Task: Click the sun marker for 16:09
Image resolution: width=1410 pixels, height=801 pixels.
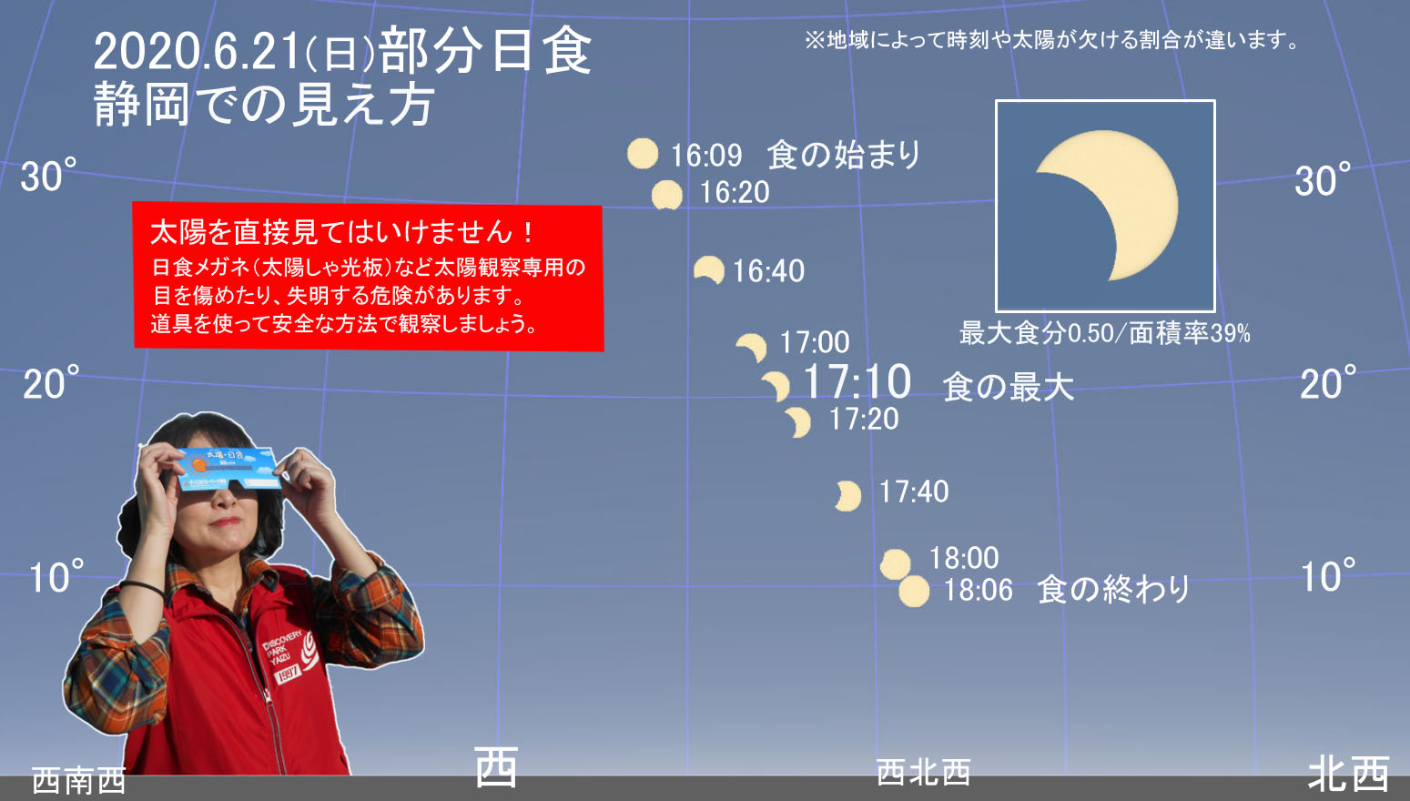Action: click(643, 154)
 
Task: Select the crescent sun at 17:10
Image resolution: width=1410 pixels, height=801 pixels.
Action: click(779, 384)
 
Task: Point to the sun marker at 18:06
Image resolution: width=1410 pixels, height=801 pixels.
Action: click(914, 592)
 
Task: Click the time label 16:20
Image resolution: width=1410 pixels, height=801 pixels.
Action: click(735, 193)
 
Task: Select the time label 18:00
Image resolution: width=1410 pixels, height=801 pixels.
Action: click(964, 558)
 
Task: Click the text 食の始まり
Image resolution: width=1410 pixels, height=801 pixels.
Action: click(844, 155)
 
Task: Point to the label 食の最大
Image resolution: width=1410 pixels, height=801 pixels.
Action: click(1008, 386)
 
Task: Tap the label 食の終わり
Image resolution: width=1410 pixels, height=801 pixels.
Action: click(1113, 590)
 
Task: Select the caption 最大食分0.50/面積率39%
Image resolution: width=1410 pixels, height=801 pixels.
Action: click(1105, 333)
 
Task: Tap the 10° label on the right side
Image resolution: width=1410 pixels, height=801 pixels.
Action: click(1328, 575)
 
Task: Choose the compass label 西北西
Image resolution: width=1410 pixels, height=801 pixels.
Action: click(923, 773)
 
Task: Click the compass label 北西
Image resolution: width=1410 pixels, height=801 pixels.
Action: click(1349, 774)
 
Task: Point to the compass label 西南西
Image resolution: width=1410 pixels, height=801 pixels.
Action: click(79, 781)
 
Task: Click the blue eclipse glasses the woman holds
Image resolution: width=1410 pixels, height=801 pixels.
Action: click(228, 468)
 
